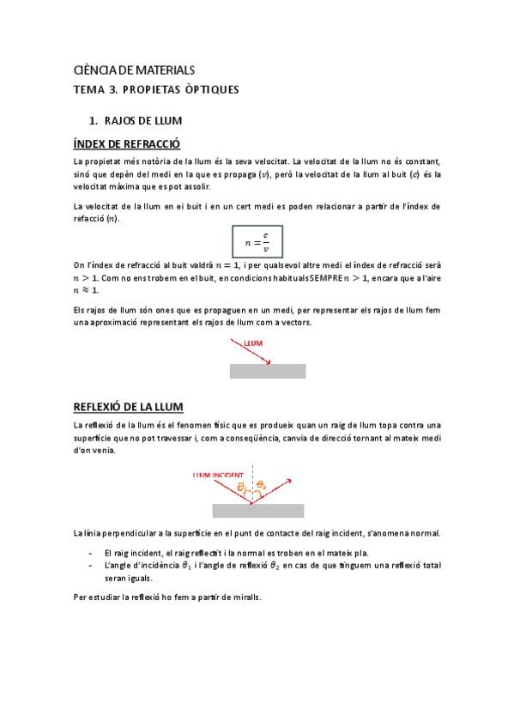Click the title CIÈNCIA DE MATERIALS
135,70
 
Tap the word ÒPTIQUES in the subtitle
209,89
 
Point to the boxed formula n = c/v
257,242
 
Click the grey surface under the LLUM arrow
267,371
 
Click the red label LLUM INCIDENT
218,475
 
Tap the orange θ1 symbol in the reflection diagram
243,488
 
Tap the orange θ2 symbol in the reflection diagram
262,487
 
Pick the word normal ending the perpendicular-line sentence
424,533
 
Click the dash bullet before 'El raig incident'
90,554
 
